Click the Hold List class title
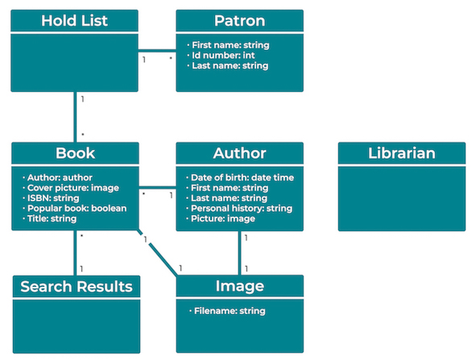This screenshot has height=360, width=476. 75,20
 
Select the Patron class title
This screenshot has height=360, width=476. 239,20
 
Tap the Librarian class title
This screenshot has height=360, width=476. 401,153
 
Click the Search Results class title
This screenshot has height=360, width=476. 76,286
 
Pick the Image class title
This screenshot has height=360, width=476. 239,286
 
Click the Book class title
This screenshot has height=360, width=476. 75,153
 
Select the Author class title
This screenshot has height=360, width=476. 239,153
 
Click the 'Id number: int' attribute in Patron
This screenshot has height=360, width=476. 221,56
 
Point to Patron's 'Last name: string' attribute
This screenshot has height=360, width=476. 230,66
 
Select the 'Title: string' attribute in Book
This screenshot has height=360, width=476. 54,219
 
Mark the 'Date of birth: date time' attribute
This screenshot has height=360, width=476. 242,177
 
